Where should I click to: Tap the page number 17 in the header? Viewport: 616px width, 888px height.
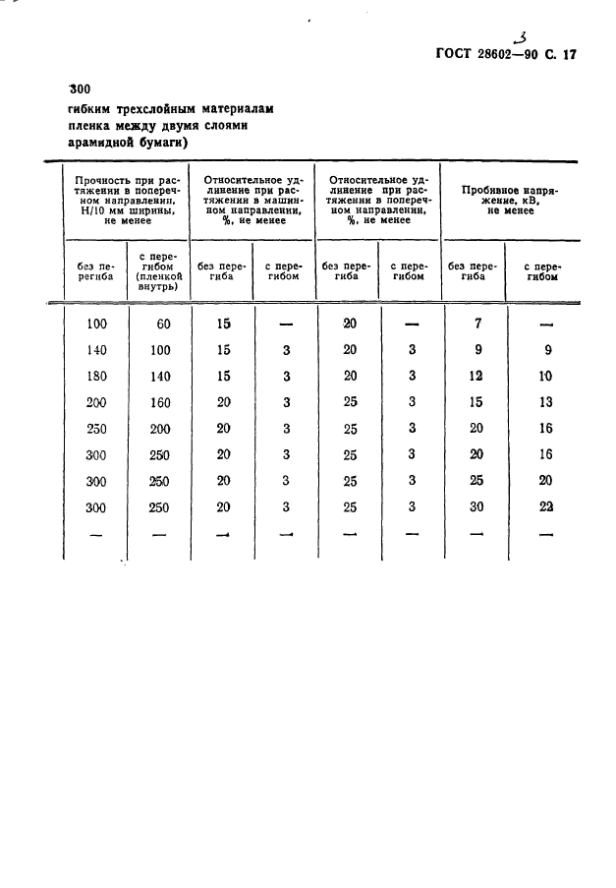point(566,55)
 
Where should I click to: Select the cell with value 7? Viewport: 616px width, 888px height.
point(476,324)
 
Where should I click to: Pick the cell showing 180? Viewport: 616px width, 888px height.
point(95,376)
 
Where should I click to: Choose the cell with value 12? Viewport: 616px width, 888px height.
point(476,376)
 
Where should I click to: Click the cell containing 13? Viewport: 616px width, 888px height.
point(546,402)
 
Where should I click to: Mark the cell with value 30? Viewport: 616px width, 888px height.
point(476,506)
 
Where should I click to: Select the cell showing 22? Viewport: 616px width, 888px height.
point(546,506)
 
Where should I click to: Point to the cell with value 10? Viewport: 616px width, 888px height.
point(546,376)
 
